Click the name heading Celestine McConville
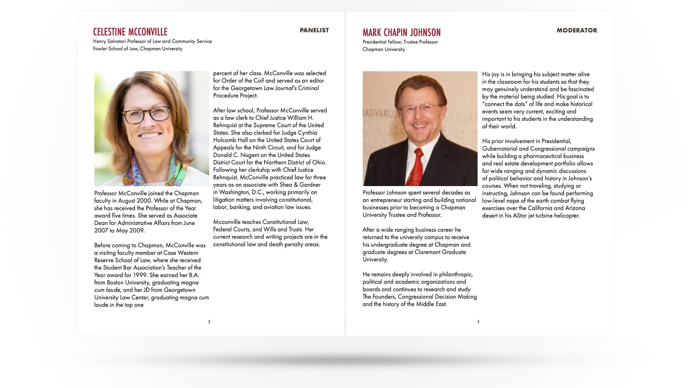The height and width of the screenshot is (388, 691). (x=130, y=32)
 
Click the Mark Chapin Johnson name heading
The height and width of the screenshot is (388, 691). (x=401, y=33)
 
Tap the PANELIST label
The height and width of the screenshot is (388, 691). (x=314, y=31)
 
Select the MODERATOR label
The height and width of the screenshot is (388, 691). (x=577, y=31)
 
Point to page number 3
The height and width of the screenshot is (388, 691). (x=209, y=322)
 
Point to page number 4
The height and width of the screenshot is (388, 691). (x=478, y=322)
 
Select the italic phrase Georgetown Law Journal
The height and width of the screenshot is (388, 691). (x=262, y=88)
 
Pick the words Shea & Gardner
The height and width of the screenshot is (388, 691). (x=300, y=185)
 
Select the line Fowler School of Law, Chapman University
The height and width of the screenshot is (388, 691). (x=137, y=49)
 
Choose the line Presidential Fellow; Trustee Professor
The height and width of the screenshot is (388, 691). (x=400, y=42)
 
